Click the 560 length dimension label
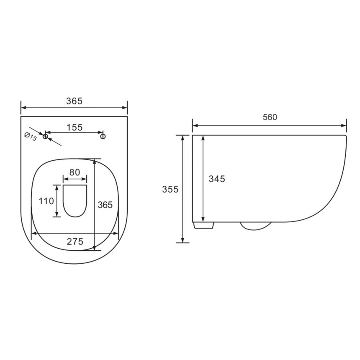pos(270,117)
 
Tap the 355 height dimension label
pos(170,189)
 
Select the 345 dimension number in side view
pos(217,179)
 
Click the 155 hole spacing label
pos(75,127)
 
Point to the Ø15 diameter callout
pos(31,137)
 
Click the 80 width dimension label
pos(75,172)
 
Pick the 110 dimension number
pos(46,201)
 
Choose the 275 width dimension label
pos(75,242)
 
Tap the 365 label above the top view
pos(74,101)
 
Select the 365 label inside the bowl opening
pos(105,205)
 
